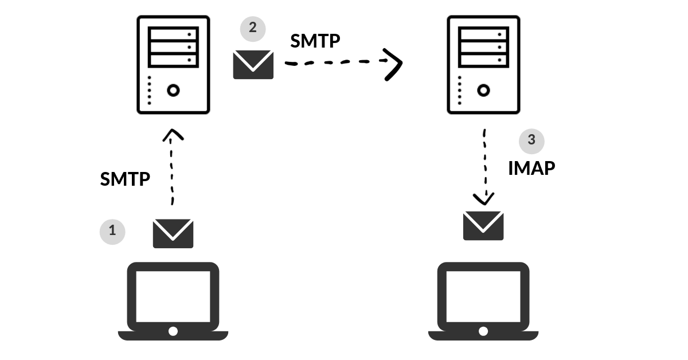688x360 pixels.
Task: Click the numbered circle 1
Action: (x=112, y=231)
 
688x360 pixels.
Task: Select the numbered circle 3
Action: (x=531, y=140)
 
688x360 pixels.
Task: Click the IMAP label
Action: (x=531, y=168)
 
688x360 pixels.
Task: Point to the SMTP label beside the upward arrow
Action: (x=125, y=179)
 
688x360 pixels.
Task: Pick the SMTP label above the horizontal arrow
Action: (x=315, y=41)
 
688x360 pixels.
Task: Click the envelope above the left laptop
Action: (x=173, y=233)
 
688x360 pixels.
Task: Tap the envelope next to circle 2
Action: (x=253, y=64)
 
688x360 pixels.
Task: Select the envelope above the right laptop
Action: (x=483, y=225)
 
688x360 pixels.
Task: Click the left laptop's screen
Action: (x=173, y=296)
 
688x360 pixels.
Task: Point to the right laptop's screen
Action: (x=483, y=296)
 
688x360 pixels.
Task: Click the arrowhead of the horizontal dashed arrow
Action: (x=394, y=64)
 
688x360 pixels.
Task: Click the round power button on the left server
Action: (x=173, y=91)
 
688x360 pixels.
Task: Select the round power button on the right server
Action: (x=483, y=91)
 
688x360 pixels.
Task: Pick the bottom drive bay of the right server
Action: (x=483, y=59)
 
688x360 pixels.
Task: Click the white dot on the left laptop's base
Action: (x=173, y=331)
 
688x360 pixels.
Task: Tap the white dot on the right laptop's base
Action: (x=483, y=331)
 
